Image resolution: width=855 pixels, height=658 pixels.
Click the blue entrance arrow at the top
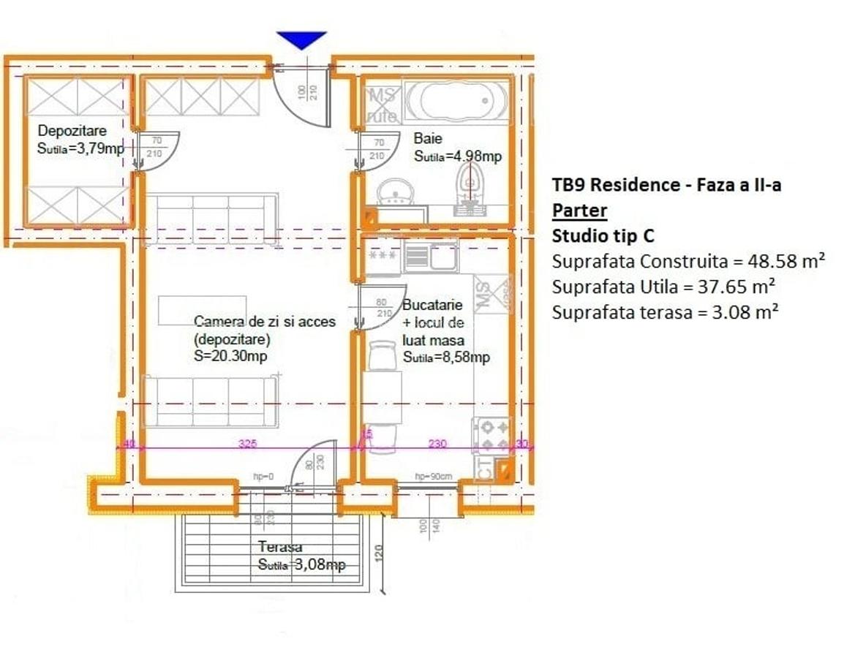point(301,39)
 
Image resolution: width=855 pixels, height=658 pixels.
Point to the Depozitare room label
point(72,131)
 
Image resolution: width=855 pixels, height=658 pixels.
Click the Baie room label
point(427,138)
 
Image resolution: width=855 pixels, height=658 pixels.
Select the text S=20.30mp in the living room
point(230,357)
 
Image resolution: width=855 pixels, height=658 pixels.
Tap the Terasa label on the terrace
point(280,547)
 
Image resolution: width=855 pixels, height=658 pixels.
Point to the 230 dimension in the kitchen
point(437,443)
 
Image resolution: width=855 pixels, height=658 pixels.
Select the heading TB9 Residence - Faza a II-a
point(666,185)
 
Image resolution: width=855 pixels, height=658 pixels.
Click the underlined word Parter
point(579,211)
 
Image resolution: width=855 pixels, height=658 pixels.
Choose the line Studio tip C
point(603,236)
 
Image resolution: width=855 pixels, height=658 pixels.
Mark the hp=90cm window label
point(434,476)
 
